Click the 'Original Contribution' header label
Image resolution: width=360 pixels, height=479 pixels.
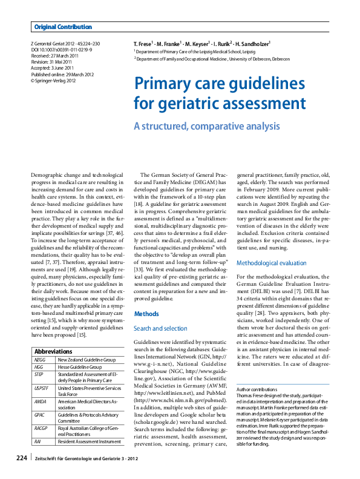click(x=63, y=27)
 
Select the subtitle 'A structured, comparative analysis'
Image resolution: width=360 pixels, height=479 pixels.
click(x=206, y=127)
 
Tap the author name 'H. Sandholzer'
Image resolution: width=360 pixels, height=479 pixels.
click(x=252, y=44)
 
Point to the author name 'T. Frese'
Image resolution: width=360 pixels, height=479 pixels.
click(x=143, y=44)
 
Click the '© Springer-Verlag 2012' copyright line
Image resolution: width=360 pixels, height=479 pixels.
click(x=53, y=79)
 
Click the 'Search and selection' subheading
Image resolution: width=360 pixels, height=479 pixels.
click(x=160, y=328)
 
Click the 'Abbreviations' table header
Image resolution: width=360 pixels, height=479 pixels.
click(x=53, y=352)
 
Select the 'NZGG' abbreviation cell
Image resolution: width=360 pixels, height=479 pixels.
click(x=39, y=360)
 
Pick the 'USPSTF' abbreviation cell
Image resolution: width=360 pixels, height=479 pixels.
click(x=42, y=388)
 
